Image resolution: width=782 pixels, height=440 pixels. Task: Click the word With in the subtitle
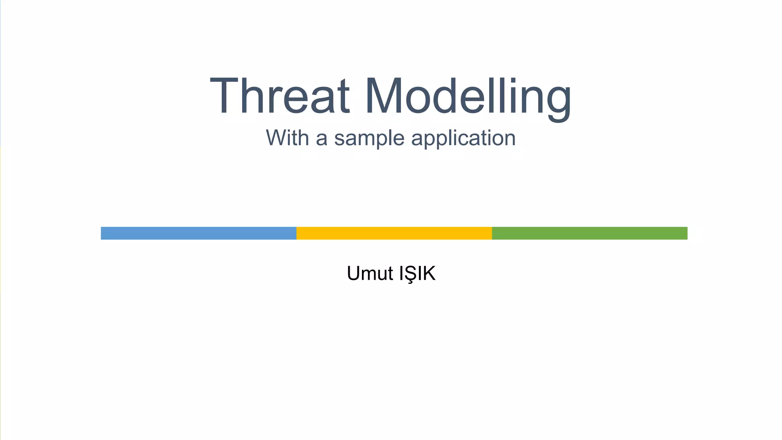pos(287,138)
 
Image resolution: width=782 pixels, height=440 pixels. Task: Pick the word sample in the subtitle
pos(369,139)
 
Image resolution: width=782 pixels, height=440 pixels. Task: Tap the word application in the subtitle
pos(463,139)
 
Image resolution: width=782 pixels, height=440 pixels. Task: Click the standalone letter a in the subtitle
pos(322,139)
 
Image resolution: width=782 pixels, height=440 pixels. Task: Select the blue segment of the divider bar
pos(199,233)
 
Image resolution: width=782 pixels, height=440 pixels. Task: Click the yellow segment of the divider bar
pos(394,233)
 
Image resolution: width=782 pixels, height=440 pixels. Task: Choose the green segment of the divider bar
pos(590,233)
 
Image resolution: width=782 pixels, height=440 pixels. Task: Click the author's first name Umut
pos(370,273)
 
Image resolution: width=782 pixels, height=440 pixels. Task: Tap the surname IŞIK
pos(417,274)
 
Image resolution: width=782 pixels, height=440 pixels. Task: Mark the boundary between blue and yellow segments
pos(296,233)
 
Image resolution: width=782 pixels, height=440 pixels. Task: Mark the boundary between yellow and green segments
pos(492,233)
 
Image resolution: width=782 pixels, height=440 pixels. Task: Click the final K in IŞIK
pos(429,273)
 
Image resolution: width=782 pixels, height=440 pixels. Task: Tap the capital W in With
pos(276,138)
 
